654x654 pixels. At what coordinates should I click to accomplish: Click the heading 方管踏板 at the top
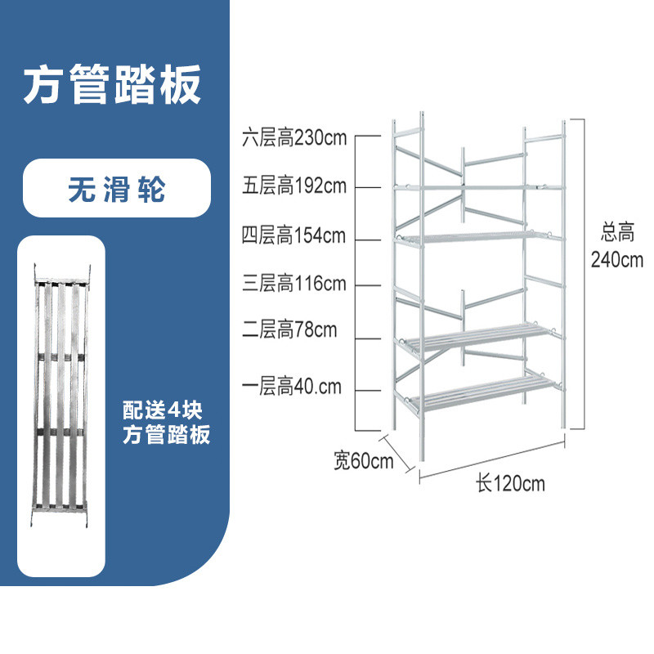[112, 85]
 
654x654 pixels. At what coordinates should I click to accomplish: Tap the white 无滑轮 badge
[117, 188]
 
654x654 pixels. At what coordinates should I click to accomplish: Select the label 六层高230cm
[294, 137]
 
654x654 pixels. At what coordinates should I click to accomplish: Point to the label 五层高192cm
[294, 186]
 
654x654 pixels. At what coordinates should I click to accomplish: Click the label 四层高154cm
[294, 235]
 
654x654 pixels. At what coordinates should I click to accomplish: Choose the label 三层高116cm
[294, 283]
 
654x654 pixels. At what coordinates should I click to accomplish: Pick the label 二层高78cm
[289, 329]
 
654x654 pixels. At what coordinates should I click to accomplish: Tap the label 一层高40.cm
[292, 386]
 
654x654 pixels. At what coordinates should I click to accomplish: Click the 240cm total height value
[617, 259]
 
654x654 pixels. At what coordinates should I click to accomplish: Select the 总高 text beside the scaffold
[618, 232]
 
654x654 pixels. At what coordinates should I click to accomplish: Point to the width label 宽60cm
[363, 460]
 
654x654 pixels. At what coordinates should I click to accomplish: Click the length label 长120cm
[510, 484]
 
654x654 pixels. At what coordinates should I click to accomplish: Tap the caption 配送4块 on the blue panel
[162, 410]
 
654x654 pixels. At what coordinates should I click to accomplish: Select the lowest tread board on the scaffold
[484, 392]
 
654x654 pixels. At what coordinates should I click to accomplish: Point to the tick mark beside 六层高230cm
[368, 136]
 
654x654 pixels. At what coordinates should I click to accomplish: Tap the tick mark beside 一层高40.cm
[368, 391]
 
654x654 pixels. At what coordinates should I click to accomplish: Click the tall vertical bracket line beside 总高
[583, 274]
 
